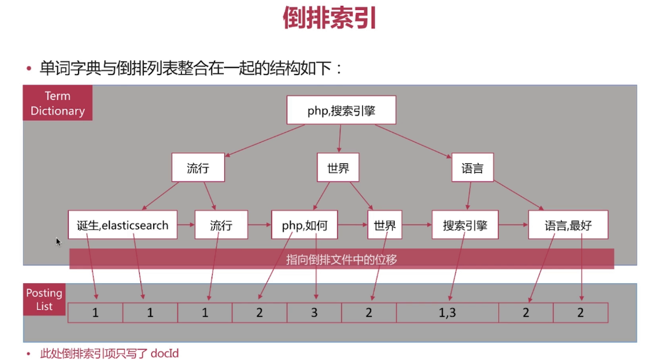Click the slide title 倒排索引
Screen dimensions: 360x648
click(x=330, y=18)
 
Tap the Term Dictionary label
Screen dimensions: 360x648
click(x=57, y=103)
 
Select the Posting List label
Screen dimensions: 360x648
click(x=44, y=299)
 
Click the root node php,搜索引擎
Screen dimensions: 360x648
click(x=341, y=110)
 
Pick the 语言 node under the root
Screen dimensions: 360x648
click(x=472, y=168)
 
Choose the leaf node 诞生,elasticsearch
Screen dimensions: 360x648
click(x=123, y=225)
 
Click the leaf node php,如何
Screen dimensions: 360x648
click(x=305, y=225)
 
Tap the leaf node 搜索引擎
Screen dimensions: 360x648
click(x=465, y=225)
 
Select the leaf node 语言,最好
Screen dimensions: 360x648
click(x=568, y=225)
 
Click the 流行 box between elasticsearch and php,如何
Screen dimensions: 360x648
click(x=221, y=225)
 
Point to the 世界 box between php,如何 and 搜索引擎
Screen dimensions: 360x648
click(x=384, y=225)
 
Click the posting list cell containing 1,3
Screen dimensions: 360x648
click(x=447, y=313)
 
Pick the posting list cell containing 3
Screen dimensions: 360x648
click(x=314, y=313)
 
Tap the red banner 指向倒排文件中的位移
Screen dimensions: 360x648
click(x=341, y=259)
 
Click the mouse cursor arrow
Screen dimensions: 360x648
click(x=58, y=241)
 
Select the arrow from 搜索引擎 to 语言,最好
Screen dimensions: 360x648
click(x=513, y=225)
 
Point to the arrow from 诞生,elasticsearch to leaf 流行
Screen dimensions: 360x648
click(x=186, y=225)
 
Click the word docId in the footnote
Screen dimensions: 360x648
click(x=164, y=353)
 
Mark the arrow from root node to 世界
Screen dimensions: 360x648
click(x=339, y=139)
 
